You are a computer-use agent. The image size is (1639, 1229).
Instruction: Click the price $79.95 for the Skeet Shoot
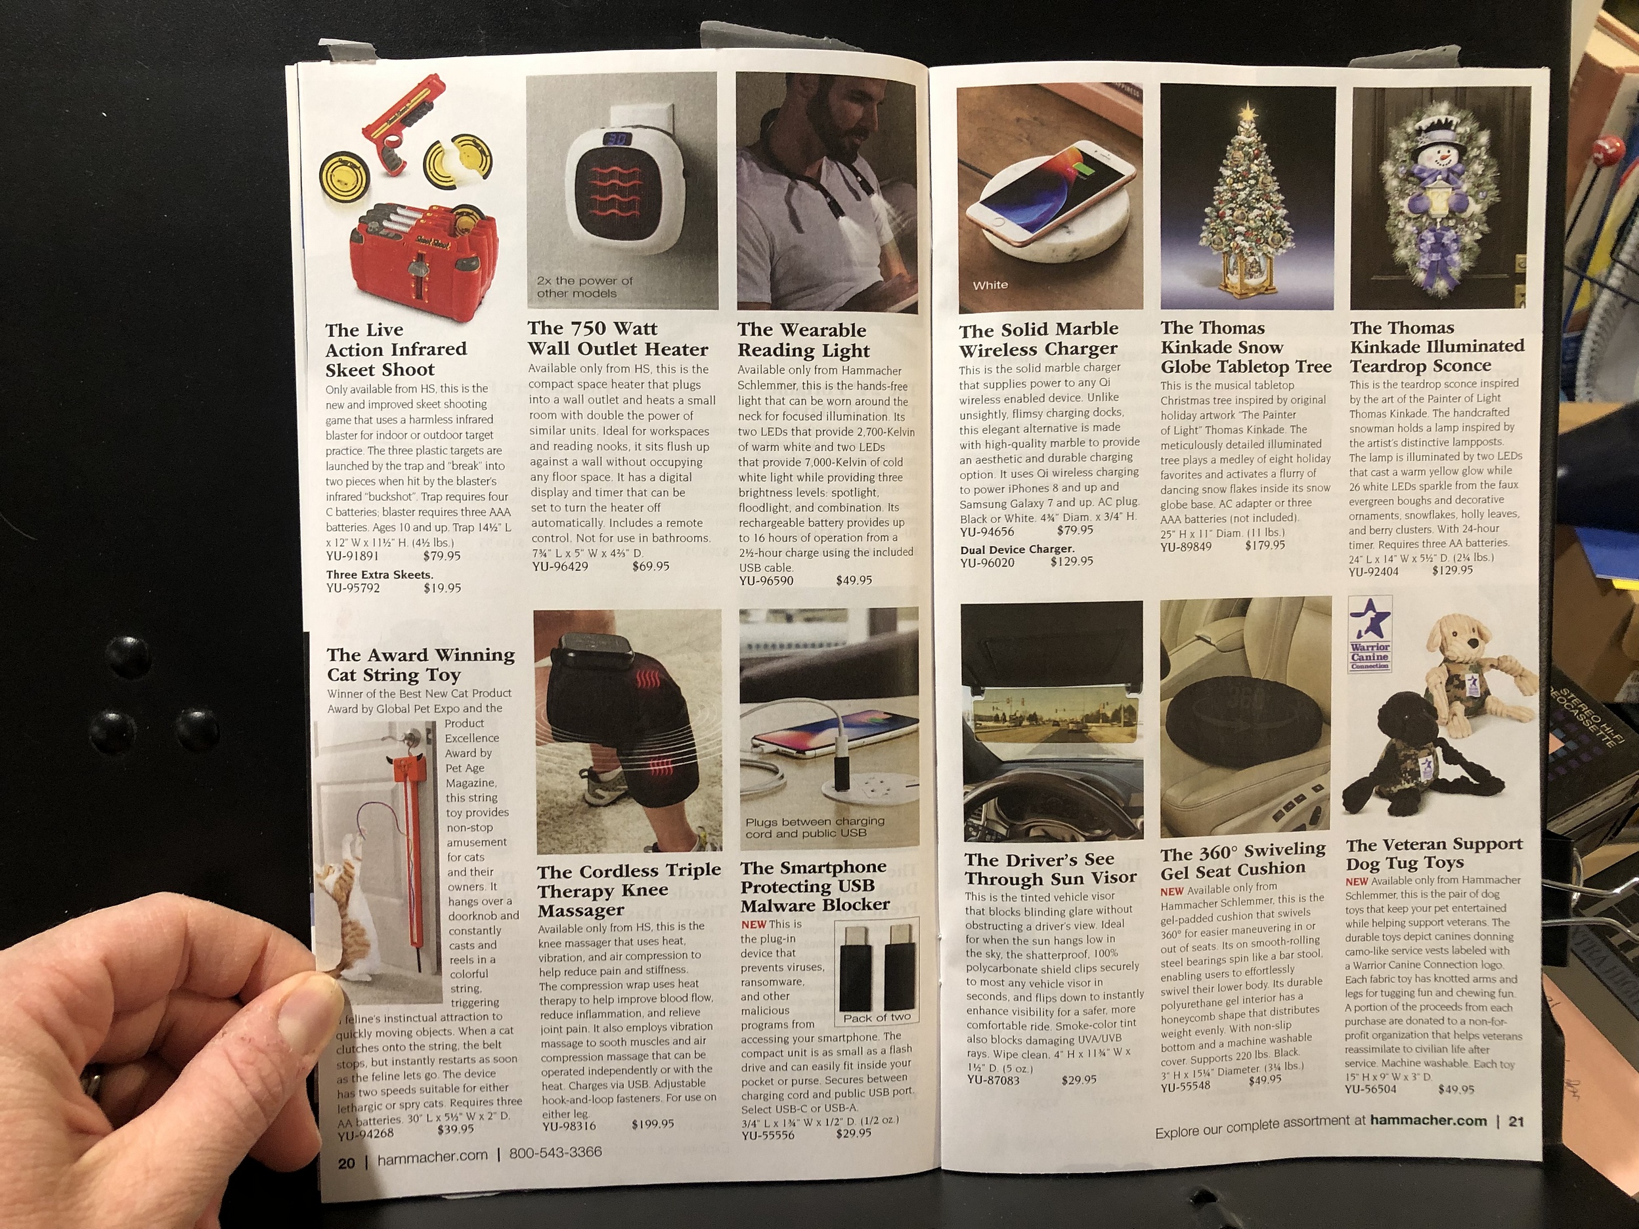point(442,555)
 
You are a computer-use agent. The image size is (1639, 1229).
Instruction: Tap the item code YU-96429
point(560,567)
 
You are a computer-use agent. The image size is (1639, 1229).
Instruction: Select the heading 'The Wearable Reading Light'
point(803,340)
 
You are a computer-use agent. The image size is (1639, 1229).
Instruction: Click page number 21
point(1516,1121)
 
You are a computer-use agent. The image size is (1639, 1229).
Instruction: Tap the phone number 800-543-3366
point(555,1153)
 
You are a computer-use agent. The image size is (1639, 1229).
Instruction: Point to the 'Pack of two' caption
point(877,1017)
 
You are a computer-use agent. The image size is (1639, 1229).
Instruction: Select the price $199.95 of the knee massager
point(653,1124)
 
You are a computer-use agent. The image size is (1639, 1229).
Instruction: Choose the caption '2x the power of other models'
point(584,287)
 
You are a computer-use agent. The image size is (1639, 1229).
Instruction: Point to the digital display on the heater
point(617,139)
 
